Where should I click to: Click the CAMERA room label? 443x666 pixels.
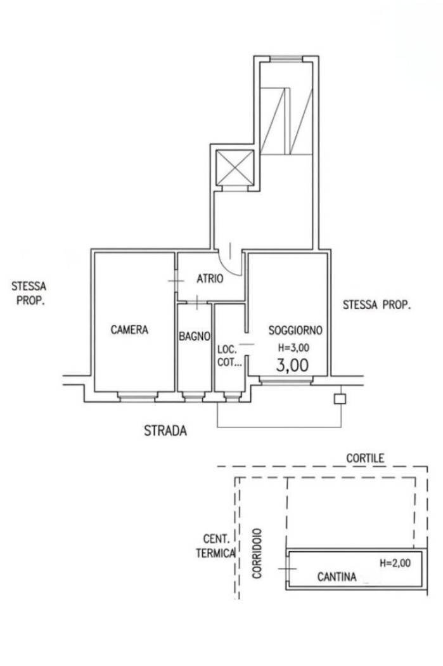click(x=129, y=330)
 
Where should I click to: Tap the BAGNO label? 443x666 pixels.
click(x=195, y=336)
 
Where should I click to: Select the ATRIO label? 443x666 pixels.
click(x=210, y=279)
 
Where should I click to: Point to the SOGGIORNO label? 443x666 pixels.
click(x=295, y=330)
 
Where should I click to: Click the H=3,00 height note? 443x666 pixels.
click(x=293, y=348)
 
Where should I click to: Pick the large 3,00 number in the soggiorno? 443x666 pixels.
click(x=292, y=365)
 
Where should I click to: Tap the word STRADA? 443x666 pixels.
click(x=165, y=431)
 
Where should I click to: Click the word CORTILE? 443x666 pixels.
click(x=365, y=459)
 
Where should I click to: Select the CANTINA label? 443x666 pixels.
click(x=337, y=577)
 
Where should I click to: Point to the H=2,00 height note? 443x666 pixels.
click(x=395, y=563)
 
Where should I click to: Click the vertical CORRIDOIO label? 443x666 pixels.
click(x=257, y=554)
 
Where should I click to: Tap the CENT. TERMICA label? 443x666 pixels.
click(x=215, y=546)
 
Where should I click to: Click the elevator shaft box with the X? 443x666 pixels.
click(x=234, y=168)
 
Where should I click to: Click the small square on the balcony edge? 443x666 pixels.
click(x=340, y=399)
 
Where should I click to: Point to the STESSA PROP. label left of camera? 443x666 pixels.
click(x=29, y=293)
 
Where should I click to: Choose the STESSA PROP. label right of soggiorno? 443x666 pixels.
click(x=377, y=305)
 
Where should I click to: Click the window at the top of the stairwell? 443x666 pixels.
click(x=286, y=59)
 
